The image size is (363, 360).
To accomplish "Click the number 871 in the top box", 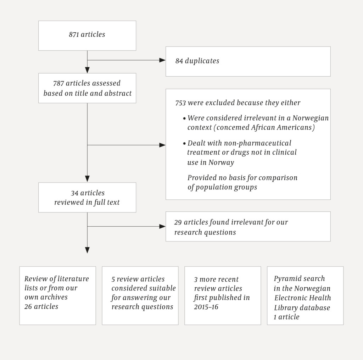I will pos(74,34).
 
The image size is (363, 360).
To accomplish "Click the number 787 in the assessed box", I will pos(58,83).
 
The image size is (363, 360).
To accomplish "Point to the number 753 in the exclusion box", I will pos(180,103).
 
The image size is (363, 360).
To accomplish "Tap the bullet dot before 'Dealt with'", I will pos(184,144).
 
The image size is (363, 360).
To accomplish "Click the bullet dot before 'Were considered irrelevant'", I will pos(184,118).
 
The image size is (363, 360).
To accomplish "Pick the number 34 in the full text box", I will pos(75,193).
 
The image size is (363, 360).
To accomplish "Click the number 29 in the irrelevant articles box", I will pos(178,222).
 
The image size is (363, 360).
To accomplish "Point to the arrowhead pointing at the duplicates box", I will pos(162,60).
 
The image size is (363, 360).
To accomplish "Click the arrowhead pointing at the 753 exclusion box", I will pos(162,145).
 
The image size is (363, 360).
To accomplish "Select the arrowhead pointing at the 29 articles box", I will pos(162,226).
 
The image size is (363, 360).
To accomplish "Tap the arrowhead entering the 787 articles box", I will pos(87,70).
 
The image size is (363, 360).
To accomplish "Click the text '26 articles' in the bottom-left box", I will pos(41,306).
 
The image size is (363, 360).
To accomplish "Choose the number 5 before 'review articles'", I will pos(113,279).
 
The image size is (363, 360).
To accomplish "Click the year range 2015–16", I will pos(206,307).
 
